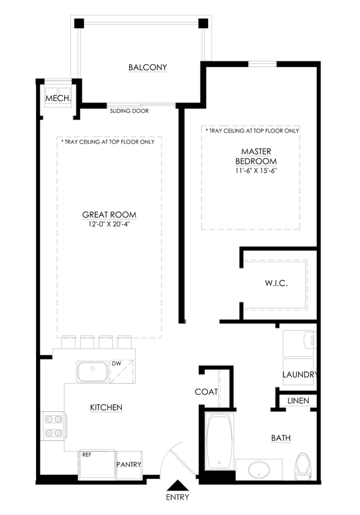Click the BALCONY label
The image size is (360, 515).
click(x=148, y=67)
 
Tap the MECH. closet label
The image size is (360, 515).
click(x=58, y=98)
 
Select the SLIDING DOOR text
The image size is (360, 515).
click(x=129, y=111)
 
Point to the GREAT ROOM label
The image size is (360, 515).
click(x=109, y=215)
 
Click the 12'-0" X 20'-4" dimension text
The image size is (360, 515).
click(x=109, y=225)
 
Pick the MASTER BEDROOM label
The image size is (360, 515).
click(x=256, y=156)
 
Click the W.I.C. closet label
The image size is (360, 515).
click(x=276, y=283)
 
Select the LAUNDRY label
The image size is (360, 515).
click(x=300, y=374)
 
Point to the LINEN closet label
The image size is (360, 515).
click(x=299, y=401)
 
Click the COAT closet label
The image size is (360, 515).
click(x=206, y=392)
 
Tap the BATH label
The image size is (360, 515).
click(x=281, y=438)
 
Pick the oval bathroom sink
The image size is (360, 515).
click(x=259, y=470)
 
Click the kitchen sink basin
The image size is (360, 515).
click(x=92, y=371)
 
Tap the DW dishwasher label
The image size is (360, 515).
click(x=116, y=364)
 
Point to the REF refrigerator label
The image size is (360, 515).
click(x=86, y=455)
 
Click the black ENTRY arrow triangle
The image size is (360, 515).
click(x=178, y=485)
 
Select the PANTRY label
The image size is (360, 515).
click(x=128, y=465)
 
